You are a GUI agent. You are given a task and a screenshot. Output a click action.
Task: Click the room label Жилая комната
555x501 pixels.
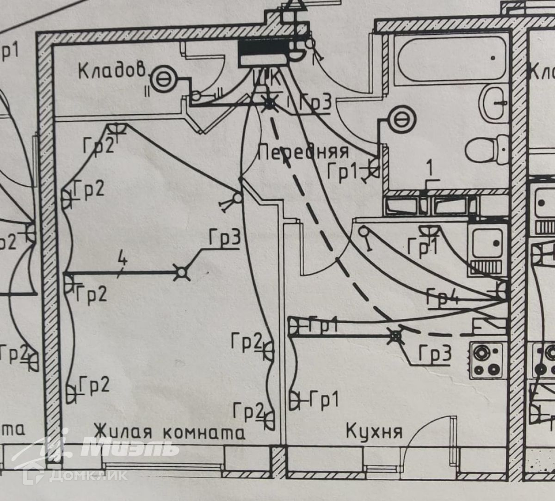(x=169, y=432)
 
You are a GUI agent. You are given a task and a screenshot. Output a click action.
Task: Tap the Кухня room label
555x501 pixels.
(x=374, y=432)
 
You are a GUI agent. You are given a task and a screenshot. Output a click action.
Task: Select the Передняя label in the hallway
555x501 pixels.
(x=303, y=152)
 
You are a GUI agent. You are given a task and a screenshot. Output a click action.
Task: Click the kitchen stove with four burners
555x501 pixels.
(x=487, y=359)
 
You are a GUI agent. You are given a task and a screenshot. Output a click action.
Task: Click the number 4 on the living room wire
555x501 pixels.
(x=122, y=260)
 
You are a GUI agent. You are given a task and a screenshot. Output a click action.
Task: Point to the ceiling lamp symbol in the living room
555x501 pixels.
(x=182, y=273)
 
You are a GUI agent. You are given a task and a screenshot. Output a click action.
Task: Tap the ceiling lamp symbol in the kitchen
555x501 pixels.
(x=395, y=336)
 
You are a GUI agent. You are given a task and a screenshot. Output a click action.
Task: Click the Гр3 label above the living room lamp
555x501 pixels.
(x=225, y=238)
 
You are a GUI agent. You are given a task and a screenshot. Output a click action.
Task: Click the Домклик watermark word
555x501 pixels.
(x=88, y=475)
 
